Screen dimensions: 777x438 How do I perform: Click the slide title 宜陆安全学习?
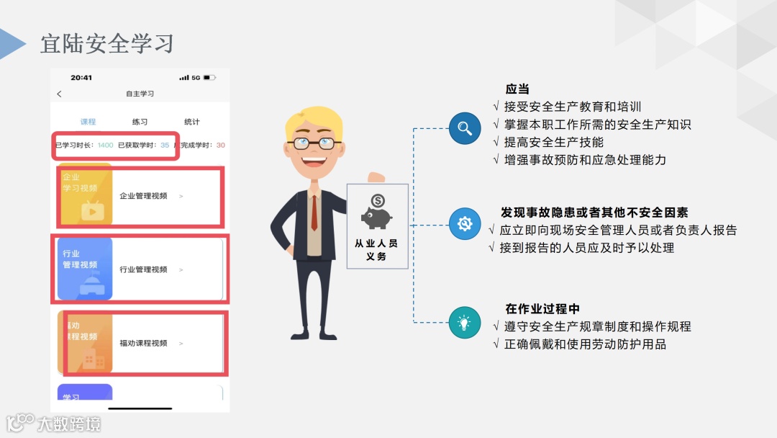click(x=107, y=43)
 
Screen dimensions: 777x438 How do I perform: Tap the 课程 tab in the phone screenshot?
click(x=88, y=122)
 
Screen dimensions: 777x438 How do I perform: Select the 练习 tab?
click(x=140, y=122)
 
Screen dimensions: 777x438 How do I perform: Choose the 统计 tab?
click(x=191, y=122)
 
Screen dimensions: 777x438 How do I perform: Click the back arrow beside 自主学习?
click(x=59, y=94)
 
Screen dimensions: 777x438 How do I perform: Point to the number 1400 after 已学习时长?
click(x=105, y=146)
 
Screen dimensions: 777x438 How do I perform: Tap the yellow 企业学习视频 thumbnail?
click(x=85, y=195)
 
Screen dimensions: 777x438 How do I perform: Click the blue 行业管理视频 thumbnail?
click(x=85, y=269)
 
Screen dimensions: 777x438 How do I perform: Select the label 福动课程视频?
click(x=143, y=343)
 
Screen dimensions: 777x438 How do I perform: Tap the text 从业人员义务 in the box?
click(x=376, y=249)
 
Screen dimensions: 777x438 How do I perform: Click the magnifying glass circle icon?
click(x=465, y=129)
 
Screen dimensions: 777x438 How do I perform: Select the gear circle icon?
click(x=465, y=224)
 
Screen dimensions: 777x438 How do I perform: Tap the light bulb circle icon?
click(x=465, y=322)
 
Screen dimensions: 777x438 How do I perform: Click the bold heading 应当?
click(x=517, y=89)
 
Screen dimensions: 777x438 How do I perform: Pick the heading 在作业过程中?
click(x=542, y=309)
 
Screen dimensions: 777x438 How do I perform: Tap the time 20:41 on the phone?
click(x=81, y=77)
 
